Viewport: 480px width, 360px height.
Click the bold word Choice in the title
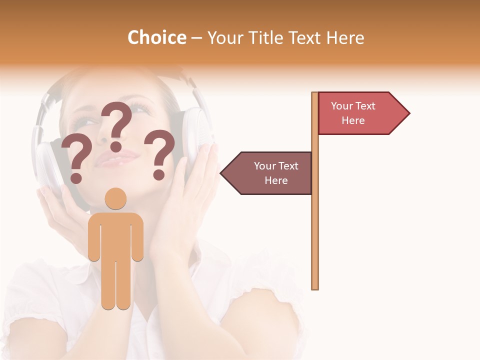(x=156, y=38)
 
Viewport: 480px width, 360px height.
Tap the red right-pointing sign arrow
(x=360, y=113)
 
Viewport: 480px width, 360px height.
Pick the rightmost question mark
(x=159, y=154)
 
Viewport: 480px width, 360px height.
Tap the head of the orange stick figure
(x=115, y=199)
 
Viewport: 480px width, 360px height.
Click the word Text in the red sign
(x=365, y=106)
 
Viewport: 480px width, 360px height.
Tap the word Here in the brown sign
(x=276, y=180)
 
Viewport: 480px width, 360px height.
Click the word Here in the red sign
(x=353, y=120)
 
